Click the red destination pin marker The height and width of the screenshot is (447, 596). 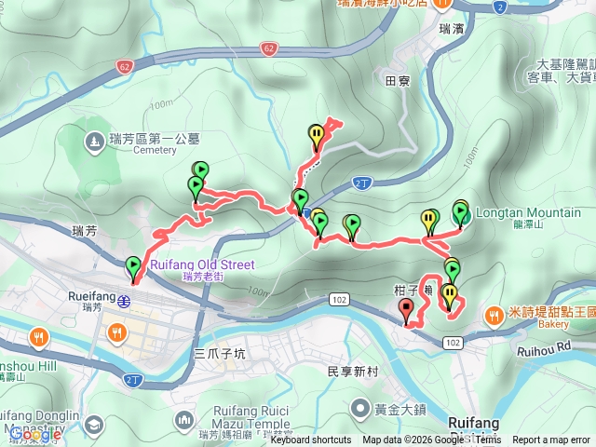[406, 311]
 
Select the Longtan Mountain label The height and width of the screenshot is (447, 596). [528, 212]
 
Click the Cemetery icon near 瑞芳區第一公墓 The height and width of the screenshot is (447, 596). [94, 142]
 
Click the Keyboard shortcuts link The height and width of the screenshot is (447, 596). [311, 440]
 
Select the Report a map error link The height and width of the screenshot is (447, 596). [552, 440]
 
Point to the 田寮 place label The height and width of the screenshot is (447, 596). [398, 81]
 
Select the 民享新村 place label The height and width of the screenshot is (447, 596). [352, 371]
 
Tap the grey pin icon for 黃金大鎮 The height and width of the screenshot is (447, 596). [360, 408]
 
